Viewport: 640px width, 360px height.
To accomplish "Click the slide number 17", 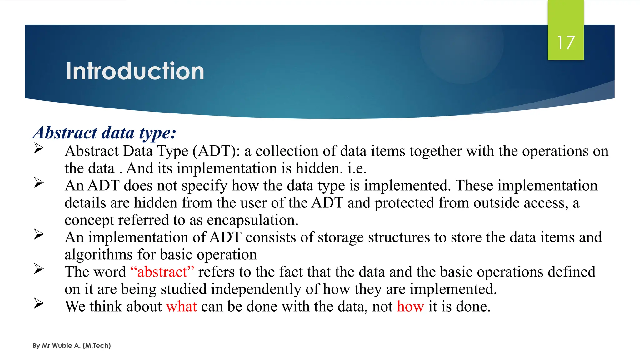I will pyautogui.click(x=566, y=43).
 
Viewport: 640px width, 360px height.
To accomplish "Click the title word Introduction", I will pyautogui.click(x=135, y=71).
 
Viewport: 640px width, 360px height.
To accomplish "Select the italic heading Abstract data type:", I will pyautogui.click(x=104, y=133).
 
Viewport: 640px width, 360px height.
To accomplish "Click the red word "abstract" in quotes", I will pyautogui.click(x=162, y=272).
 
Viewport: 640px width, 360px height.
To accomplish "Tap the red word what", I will pyautogui.click(x=182, y=307).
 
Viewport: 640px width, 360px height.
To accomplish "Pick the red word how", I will pyautogui.click(x=410, y=307).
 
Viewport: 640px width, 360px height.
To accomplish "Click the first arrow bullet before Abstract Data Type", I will pyautogui.click(x=38, y=148).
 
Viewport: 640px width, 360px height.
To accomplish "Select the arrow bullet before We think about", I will pyautogui.click(x=38, y=303).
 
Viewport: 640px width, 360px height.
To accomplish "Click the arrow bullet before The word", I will pyautogui.click(x=38, y=269).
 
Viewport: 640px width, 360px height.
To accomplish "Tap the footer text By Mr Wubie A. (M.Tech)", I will pyautogui.click(x=72, y=346).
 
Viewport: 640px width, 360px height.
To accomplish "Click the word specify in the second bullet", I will pyautogui.click(x=204, y=186).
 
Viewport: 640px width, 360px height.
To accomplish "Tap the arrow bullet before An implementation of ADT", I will pyautogui.click(x=38, y=234).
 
